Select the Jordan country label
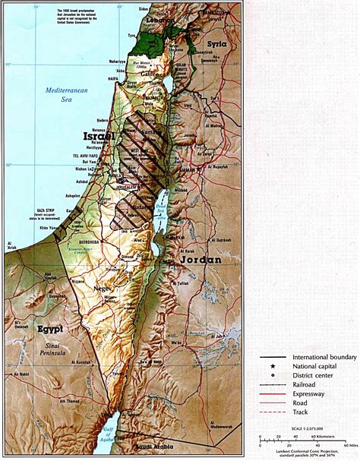tap(201, 260)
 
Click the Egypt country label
tap(49, 330)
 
